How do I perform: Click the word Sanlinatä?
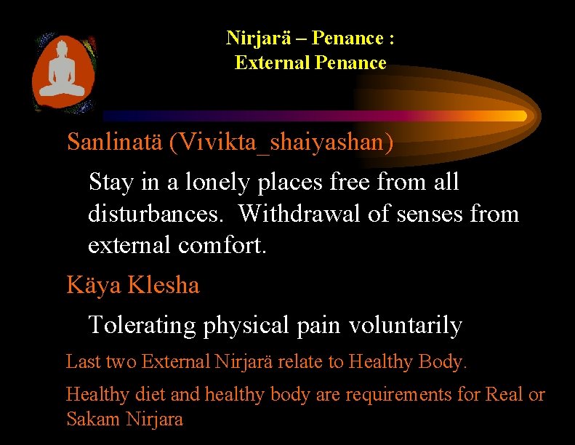[x=115, y=142]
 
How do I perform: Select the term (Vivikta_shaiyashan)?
[x=281, y=143]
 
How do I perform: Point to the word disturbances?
[x=156, y=214]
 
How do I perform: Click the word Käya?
[x=94, y=285]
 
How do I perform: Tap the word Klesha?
[x=164, y=285]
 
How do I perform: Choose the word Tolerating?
[x=143, y=325]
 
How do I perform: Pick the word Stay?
[x=110, y=182]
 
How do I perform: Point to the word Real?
[x=504, y=395]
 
